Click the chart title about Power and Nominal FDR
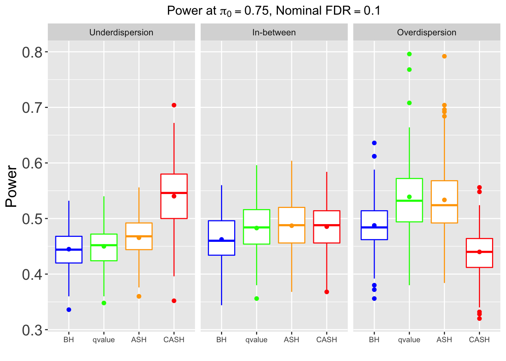click(x=274, y=11)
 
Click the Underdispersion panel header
click(x=121, y=32)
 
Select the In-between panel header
click(x=274, y=32)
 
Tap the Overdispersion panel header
click(x=427, y=32)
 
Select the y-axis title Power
click(x=12, y=187)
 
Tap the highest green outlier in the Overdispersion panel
click(x=409, y=54)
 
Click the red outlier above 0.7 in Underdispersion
click(x=174, y=105)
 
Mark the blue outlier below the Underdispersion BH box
click(x=69, y=310)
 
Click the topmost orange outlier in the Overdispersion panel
click(x=444, y=56)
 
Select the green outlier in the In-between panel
click(x=256, y=299)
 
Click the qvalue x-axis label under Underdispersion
click(x=104, y=340)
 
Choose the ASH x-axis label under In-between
click(x=291, y=340)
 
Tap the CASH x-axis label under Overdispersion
click(x=479, y=340)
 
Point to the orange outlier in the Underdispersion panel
click(x=139, y=296)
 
